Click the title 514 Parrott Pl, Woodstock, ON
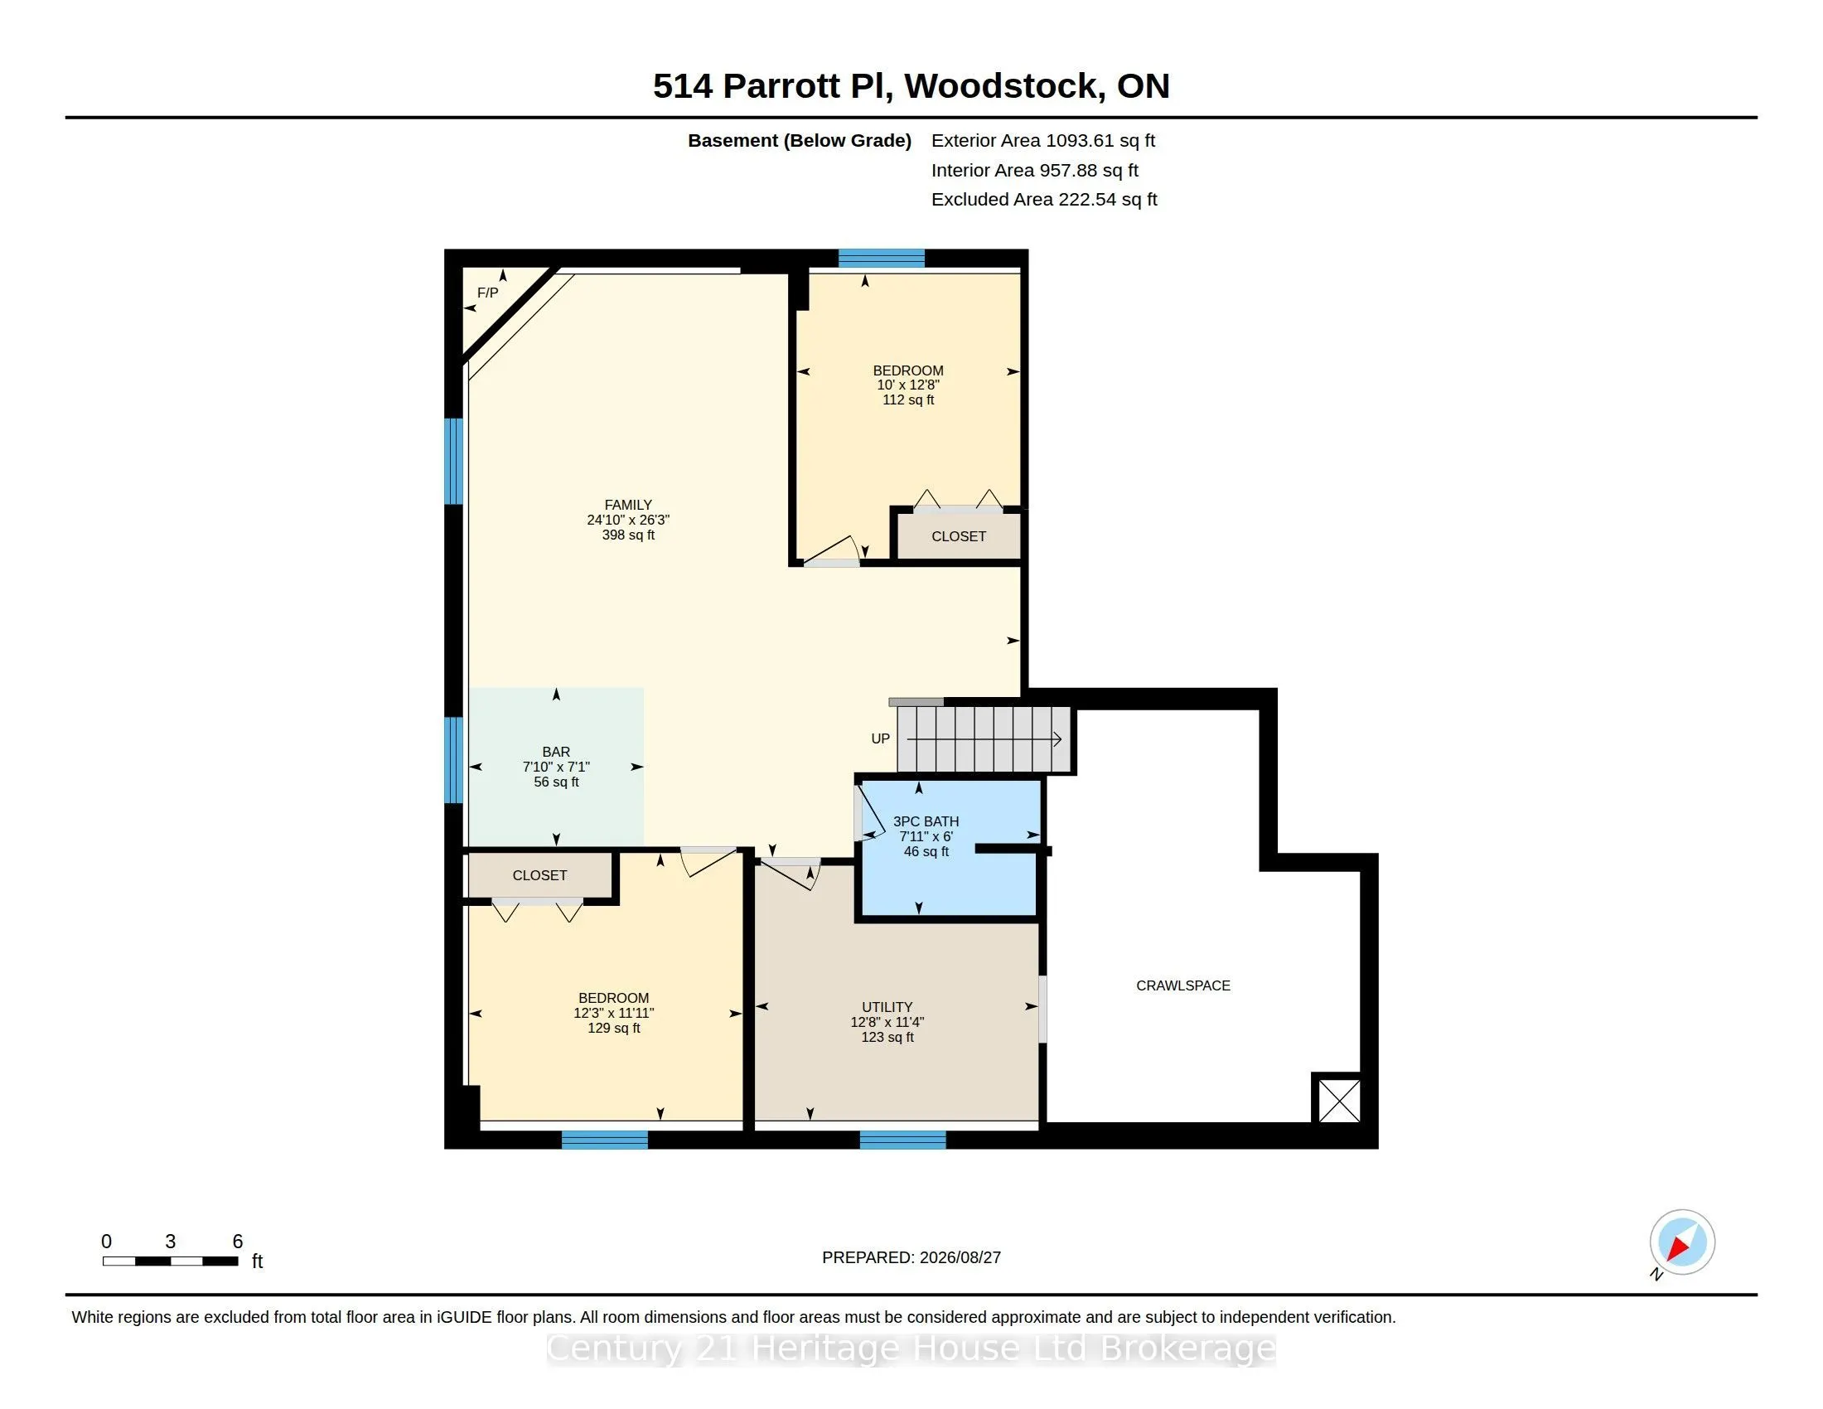(x=911, y=86)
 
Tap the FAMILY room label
(x=628, y=505)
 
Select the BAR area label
(x=556, y=752)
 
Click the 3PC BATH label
(x=926, y=821)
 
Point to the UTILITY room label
(x=887, y=1008)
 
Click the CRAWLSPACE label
(x=1182, y=985)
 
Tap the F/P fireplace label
(x=487, y=293)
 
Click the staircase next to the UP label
(x=984, y=739)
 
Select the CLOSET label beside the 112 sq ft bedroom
(x=958, y=537)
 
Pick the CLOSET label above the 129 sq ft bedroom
(x=539, y=875)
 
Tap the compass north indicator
(x=1681, y=1242)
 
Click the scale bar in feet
(x=170, y=1261)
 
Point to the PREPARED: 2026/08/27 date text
(x=911, y=1258)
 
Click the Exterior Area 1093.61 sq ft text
(x=1043, y=141)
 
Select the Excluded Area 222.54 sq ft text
(x=1044, y=200)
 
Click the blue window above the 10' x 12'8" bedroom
(x=882, y=258)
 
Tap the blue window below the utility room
(x=902, y=1140)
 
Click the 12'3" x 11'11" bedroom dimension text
(x=613, y=1014)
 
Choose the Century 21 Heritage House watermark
(x=911, y=1349)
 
